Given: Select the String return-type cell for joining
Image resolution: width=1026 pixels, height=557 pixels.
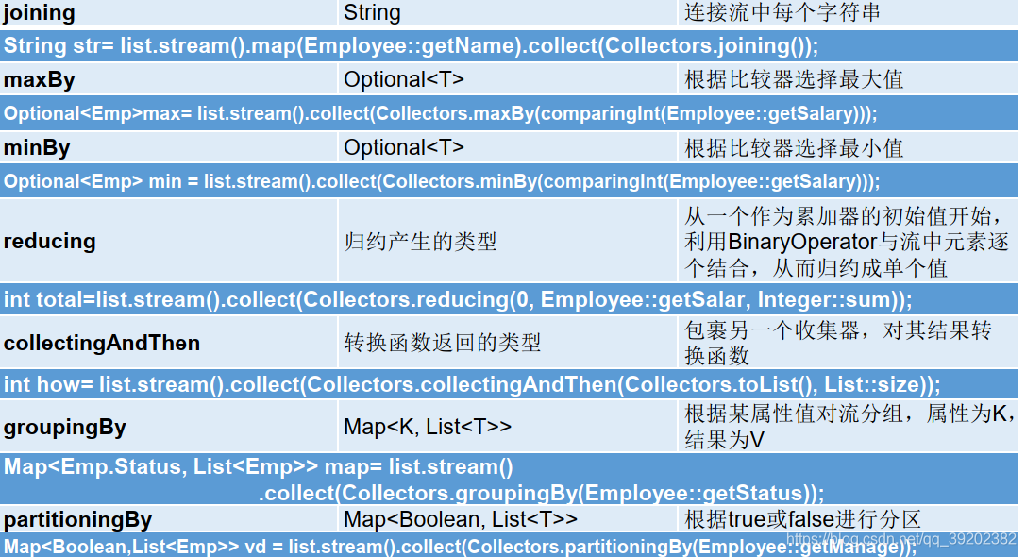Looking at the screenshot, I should coord(372,12).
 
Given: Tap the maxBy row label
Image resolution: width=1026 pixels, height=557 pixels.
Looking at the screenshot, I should coord(39,79).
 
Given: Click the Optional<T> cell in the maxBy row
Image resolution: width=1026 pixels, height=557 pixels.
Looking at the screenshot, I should coord(404,79).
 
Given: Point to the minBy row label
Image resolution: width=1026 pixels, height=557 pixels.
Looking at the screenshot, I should coord(37,147).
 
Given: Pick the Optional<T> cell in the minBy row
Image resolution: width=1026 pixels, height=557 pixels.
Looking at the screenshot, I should coord(404,147).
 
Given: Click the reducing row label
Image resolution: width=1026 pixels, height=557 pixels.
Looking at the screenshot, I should coord(50,241).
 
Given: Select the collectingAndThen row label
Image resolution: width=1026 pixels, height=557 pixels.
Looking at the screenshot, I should coord(102,343).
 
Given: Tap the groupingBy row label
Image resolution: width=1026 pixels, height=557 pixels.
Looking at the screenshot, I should coord(65,427).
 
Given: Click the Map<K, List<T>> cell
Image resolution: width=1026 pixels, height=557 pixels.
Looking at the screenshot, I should coord(428,427).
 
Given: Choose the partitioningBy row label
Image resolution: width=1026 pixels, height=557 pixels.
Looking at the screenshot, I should coord(77,519).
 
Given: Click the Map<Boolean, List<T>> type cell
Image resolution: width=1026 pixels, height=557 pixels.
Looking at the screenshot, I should coord(461,519).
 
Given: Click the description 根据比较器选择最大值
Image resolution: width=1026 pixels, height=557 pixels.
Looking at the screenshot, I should coord(794,79).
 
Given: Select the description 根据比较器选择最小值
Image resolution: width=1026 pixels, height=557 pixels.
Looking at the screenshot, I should coord(794,147).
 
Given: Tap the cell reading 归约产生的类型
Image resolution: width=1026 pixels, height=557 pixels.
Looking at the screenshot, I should coord(420,242).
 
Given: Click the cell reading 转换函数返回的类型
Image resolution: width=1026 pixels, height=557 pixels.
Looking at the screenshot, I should coord(443,343).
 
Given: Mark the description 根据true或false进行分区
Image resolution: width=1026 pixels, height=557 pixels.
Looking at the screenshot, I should coord(802,519).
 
